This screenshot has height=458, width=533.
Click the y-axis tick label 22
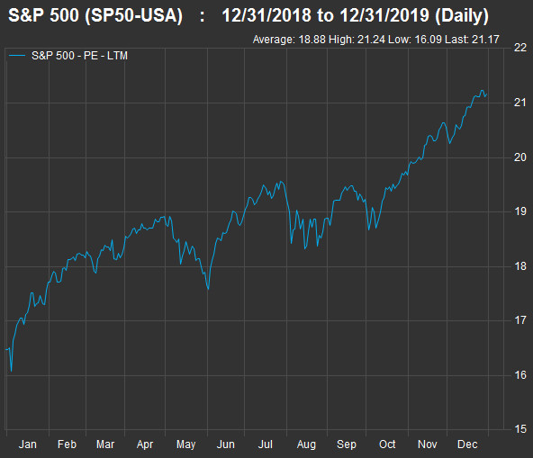coord(520,48)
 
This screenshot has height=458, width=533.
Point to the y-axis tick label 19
coord(520,211)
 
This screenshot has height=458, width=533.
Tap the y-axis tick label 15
coord(520,429)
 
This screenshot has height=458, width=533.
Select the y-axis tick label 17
coord(520,320)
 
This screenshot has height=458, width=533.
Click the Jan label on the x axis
coord(28,445)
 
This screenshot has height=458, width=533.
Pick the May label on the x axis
coord(186,445)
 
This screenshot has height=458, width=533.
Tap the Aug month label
coord(306,445)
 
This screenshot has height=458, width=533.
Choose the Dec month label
coord(467,445)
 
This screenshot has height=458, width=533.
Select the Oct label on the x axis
coord(387,445)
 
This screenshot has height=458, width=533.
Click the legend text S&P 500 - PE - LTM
coord(79,56)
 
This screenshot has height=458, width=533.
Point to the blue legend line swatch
coord(17,56)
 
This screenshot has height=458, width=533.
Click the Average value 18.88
coord(312,40)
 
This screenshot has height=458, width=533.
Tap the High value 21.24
coord(371,40)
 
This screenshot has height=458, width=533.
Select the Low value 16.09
coord(428,40)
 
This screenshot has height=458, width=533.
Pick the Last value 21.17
coord(485,40)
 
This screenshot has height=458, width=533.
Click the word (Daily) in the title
coord(462,15)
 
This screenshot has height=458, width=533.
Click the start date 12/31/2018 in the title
coord(266,15)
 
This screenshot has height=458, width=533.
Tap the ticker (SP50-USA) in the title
coord(133,15)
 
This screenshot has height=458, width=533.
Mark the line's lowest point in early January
coord(11,371)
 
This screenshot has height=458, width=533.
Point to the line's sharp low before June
coord(208,289)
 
